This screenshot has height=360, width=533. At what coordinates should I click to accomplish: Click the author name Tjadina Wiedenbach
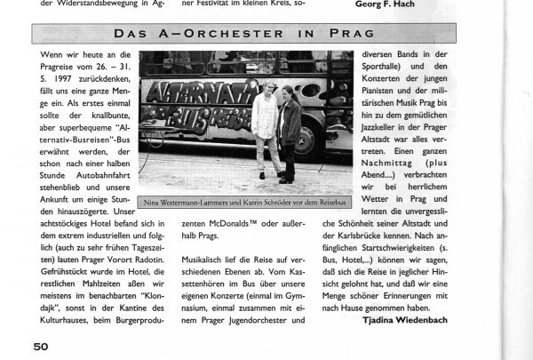405,319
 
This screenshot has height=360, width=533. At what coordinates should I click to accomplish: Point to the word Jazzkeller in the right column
375,153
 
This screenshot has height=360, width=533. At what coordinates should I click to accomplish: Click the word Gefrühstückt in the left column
72,266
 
